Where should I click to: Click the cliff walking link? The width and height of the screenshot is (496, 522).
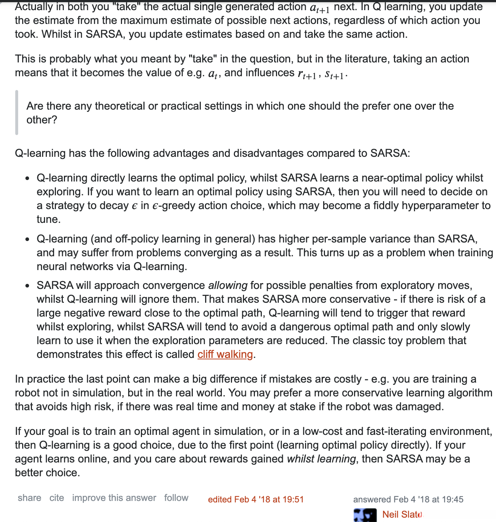click(x=225, y=354)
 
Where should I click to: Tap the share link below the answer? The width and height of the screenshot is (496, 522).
click(x=29, y=498)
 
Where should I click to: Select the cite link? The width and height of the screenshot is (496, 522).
click(x=57, y=498)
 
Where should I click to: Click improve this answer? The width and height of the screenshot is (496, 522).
click(x=114, y=498)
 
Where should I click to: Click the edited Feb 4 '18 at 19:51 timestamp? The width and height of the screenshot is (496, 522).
click(x=256, y=499)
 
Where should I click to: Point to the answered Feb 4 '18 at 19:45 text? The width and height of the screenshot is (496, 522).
click(x=408, y=499)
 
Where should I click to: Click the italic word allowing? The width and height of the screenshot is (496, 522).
click(x=228, y=285)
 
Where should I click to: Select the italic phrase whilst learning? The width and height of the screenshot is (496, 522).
click(x=321, y=459)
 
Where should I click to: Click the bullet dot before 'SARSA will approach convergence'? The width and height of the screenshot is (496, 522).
click(x=28, y=286)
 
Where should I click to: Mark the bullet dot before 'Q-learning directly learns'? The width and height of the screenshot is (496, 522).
click(x=28, y=179)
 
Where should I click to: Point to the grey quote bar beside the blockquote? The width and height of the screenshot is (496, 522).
click(x=17, y=113)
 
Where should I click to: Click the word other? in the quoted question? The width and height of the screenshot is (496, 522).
click(x=42, y=120)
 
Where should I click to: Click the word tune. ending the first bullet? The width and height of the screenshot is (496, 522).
click(x=48, y=219)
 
